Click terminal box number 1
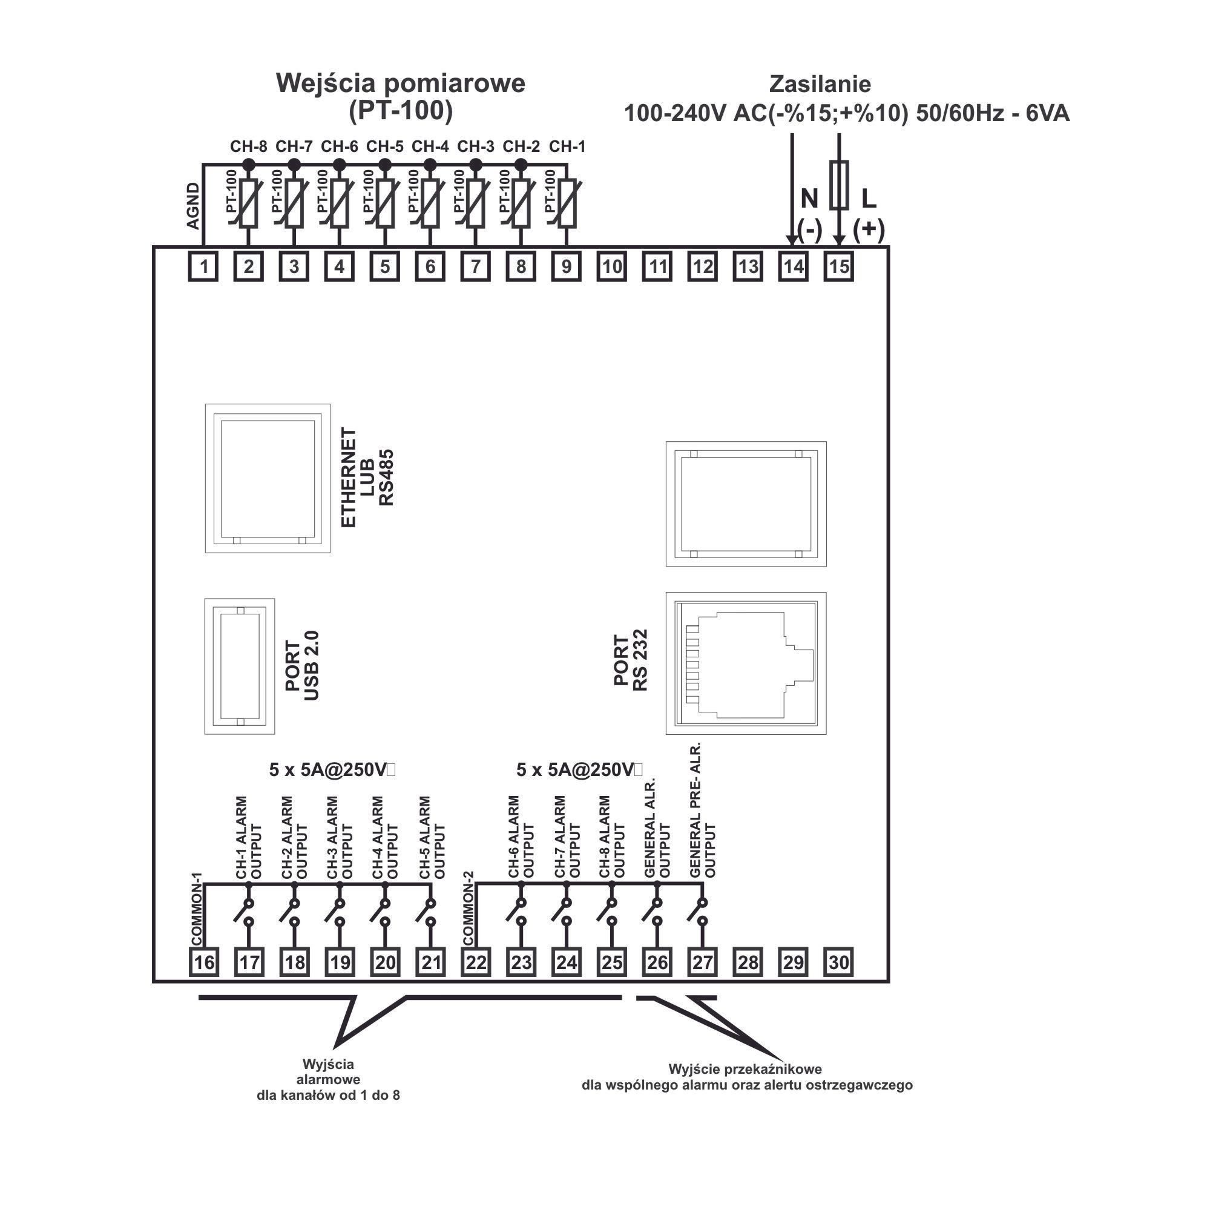(203, 267)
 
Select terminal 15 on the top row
(838, 267)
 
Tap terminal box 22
(476, 962)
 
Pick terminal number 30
(838, 962)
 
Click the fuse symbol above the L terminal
(838, 185)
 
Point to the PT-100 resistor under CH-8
(249, 203)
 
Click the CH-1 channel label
(567, 146)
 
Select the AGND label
(194, 206)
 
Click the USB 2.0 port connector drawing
(240, 666)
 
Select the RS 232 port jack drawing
(746, 663)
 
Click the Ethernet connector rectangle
(268, 478)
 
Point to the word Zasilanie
(820, 84)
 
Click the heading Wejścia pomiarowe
(401, 84)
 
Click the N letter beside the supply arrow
(809, 199)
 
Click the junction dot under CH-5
(385, 165)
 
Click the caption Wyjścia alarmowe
(328, 1071)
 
